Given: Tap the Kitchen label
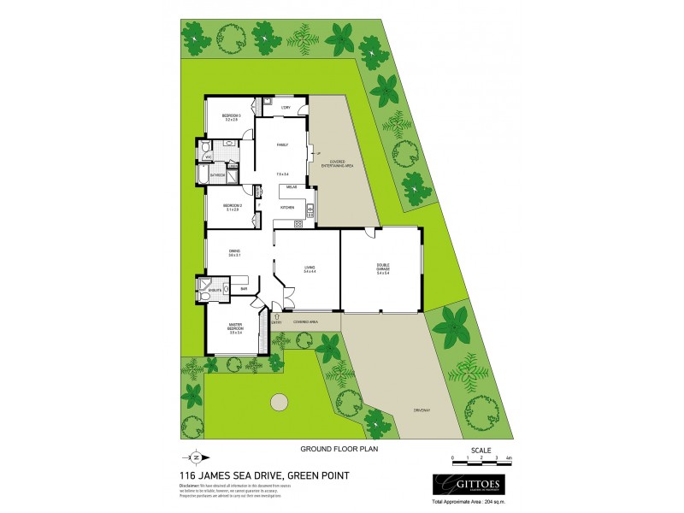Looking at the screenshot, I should pos(288,208).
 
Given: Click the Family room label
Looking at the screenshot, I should pos(282,145).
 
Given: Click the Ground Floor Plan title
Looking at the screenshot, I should pos(338,447).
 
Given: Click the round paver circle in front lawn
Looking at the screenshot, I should pos(278,402).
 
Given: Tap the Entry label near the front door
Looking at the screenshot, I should pos(277,322).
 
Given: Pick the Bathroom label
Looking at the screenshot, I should pos(217,175).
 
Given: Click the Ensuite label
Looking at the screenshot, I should pos(214,291).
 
